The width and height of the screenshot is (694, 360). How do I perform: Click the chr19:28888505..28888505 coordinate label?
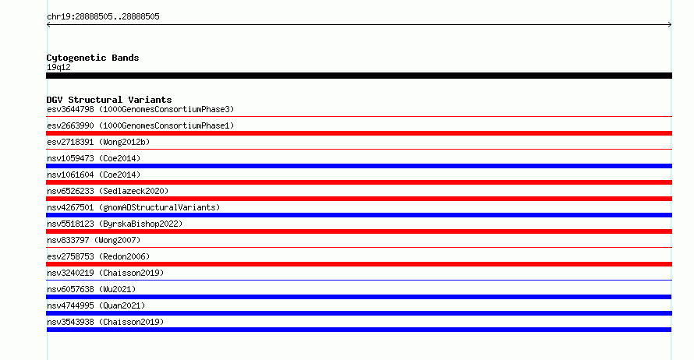tap(103, 17)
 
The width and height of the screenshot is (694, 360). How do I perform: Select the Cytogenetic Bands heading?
tap(93, 58)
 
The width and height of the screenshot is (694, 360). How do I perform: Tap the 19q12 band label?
tap(58, 67)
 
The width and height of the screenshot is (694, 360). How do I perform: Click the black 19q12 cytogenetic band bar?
tap(359, 76)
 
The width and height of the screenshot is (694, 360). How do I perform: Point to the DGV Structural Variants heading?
tap(109, 100)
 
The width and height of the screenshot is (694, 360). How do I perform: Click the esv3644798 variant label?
tap(70, 109)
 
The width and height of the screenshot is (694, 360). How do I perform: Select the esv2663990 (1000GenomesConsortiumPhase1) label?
tap(140, 125)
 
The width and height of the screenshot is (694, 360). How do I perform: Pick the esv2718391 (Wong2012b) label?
tap(98, 142)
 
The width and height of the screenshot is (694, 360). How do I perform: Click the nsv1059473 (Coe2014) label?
tap(94, 158)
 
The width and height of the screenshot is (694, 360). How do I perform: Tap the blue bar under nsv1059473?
tap(359, 166)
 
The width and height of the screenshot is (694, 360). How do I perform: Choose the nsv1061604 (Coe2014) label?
tap(94, 175)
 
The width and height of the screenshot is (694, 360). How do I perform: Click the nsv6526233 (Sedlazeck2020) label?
tap(108, 191)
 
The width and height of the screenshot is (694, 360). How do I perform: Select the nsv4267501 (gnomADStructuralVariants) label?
tap(133, 207)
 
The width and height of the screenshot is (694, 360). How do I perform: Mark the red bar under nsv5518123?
tap(359, 231)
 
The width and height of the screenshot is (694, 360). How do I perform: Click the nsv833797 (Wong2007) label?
tap(94, 240)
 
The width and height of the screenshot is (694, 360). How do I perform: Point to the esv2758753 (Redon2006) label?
tap(98, 256)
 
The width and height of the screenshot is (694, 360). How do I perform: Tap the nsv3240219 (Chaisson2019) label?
tap(105, 273)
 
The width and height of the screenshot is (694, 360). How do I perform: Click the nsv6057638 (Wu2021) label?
tap(91, 289)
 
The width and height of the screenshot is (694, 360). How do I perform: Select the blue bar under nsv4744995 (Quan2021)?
tap(359, 313)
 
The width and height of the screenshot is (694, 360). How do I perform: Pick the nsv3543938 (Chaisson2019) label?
tap(105, 322)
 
